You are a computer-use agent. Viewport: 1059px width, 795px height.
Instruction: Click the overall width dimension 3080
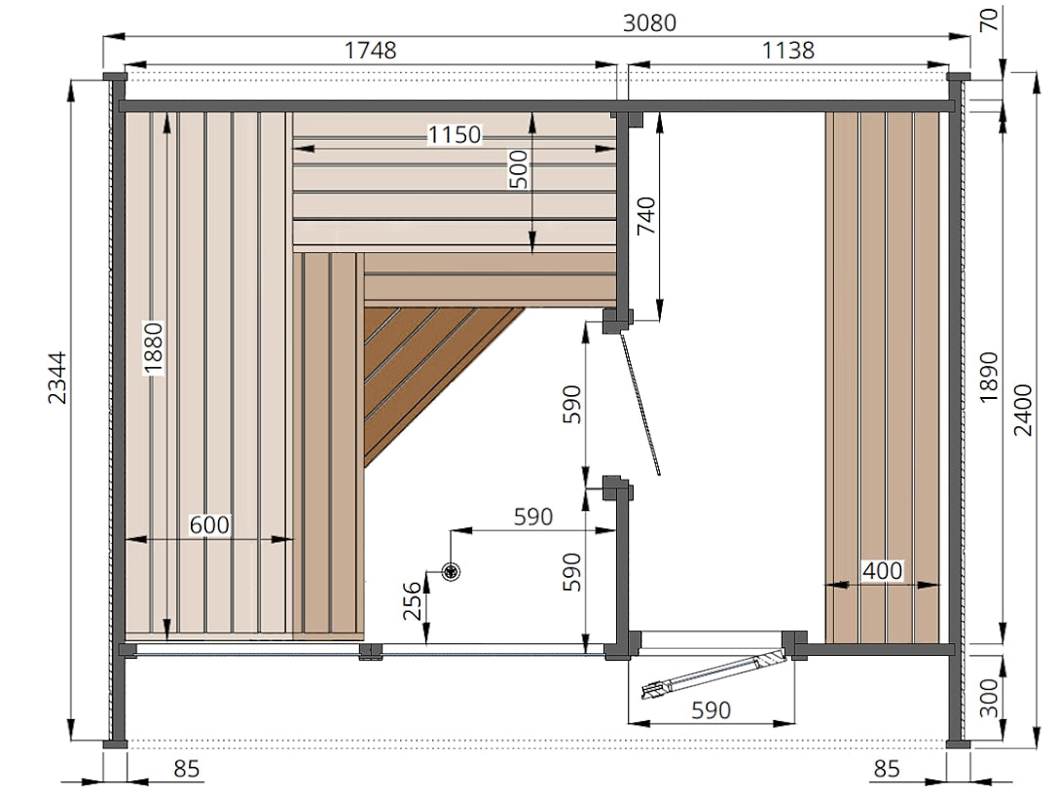649,23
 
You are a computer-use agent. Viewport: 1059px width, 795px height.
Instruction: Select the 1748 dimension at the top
370,50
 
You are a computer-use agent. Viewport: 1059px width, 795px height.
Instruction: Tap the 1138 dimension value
788,50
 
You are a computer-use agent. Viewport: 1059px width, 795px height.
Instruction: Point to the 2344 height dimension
57,378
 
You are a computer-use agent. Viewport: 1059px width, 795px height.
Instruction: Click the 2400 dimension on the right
1024,410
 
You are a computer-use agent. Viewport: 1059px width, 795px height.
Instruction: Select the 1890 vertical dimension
988,377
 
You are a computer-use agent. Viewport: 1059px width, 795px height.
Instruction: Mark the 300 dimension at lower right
988,698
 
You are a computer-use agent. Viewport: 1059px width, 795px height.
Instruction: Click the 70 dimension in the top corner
988,20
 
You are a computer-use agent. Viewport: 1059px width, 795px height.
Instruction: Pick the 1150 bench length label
455,135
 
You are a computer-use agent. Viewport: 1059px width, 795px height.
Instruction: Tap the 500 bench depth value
518,169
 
